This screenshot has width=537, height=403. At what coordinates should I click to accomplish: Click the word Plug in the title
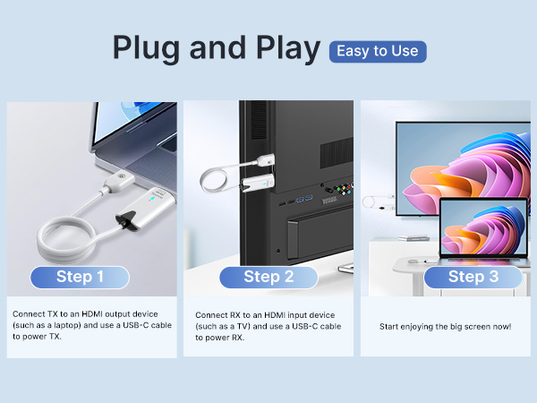point(149,49)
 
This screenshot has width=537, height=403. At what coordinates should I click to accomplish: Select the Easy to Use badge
point(378,51)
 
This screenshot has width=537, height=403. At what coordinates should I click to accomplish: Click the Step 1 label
point(80,277)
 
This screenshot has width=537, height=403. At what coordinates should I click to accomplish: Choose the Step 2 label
point(268,277)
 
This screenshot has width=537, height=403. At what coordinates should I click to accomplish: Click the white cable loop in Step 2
point(219,179)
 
